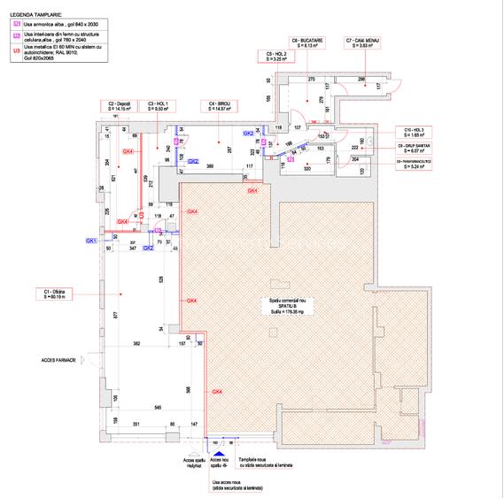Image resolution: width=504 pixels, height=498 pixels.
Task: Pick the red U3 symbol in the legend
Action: [x=17, y=51]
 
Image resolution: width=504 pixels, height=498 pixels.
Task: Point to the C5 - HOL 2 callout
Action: [x=275, y=57]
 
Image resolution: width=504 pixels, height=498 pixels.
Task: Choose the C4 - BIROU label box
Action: [x=223, y=106]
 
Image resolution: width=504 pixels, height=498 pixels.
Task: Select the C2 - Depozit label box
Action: [x=121, y=106]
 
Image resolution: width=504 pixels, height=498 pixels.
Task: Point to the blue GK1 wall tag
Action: [x=90, y=241]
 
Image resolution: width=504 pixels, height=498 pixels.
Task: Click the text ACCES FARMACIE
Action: [x=58, y=360]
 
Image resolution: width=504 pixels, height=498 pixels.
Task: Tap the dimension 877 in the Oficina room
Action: [x=115, y=314]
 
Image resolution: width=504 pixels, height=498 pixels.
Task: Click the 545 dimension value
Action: [x=158, y=407]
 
